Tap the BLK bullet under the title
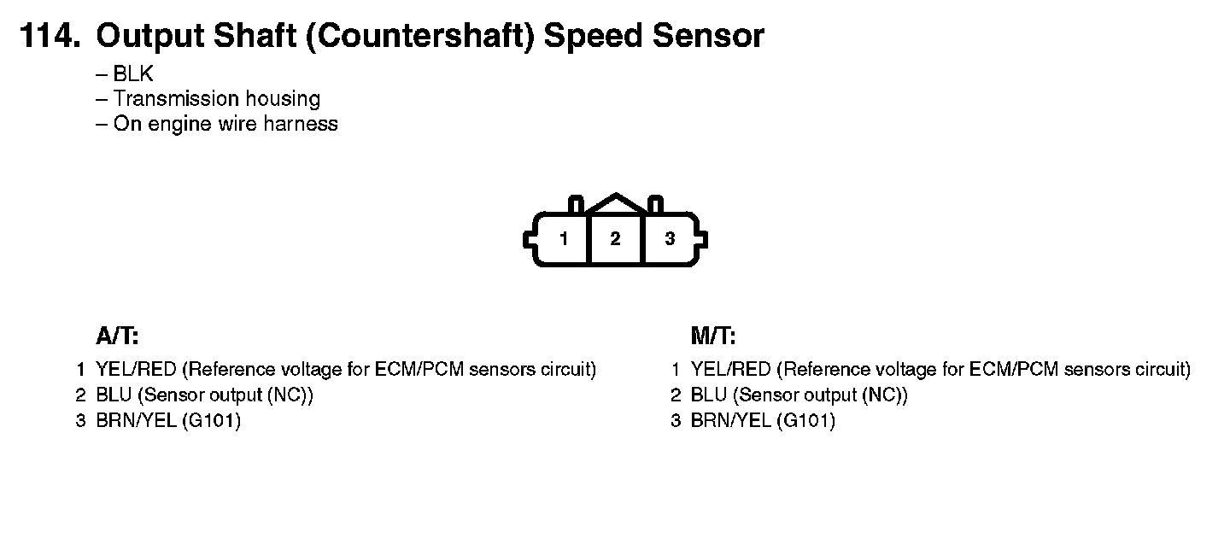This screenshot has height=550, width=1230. (x=133, y=74)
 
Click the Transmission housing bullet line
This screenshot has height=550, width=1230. (x=217, y=99)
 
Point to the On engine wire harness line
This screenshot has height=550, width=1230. (x=225, y=124)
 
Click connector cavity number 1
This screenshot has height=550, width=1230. (x=564, y=239)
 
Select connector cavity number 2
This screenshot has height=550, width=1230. (x=615, y=239)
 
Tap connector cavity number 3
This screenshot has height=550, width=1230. (x=670, y=239)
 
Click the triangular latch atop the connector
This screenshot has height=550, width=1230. (x=615, y=203)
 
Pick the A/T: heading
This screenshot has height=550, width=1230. (x=117, y=336)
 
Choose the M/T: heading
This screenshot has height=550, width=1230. (x=713, y=336)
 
